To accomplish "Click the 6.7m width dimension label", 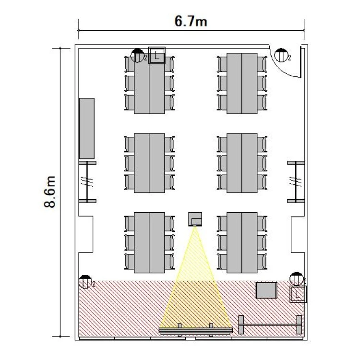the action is point(191,21).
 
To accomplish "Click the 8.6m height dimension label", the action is point(50,192).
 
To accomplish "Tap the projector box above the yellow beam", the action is point(195,219).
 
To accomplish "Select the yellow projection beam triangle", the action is point(195,287).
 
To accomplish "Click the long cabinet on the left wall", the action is point(86,128).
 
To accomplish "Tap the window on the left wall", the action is point(87,181).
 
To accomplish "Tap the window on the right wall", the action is point(296,181).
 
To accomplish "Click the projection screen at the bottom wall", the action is point(196,331).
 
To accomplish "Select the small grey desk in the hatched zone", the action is point(266,290).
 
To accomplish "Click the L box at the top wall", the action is point(157,55).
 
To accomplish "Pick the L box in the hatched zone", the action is point(298,294).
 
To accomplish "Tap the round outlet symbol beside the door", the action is point(281,55).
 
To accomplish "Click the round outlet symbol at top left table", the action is point(137,56).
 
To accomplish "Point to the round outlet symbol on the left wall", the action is point(85,282).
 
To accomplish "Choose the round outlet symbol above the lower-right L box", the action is point(297,279).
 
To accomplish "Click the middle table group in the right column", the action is point(242,163).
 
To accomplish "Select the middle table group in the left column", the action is point(149,163).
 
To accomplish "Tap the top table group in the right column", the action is point(242,84).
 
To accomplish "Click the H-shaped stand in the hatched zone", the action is point(270,324).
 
